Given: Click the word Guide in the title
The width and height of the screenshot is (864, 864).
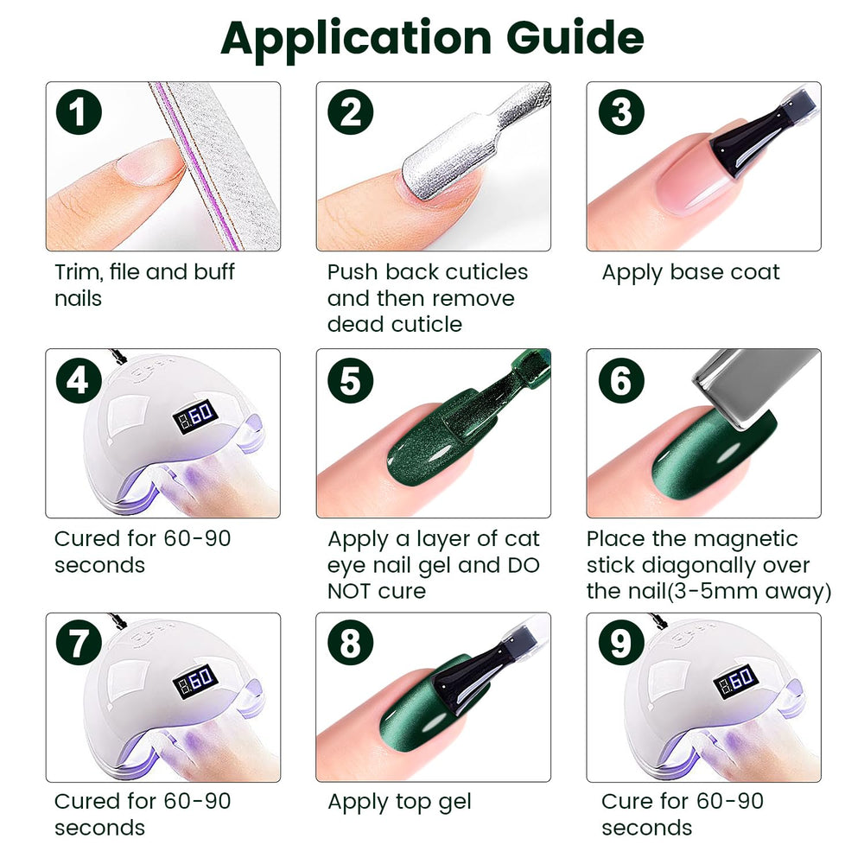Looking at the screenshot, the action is [575, 38].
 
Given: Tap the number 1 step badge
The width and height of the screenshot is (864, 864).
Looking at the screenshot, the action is [79, 111].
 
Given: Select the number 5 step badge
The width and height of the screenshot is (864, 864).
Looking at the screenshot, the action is [351, 380].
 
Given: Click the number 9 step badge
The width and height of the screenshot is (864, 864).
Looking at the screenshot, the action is [621, 643].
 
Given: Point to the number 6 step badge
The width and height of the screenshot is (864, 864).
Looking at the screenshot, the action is [621, 380].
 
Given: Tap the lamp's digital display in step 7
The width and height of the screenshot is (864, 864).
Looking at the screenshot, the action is [195, 680].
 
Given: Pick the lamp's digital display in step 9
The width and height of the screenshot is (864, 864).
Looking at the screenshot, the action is [736, 680].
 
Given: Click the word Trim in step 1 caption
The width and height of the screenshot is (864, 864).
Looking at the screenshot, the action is [79, 271].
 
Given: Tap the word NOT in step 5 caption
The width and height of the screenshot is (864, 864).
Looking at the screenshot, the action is [349, 591].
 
